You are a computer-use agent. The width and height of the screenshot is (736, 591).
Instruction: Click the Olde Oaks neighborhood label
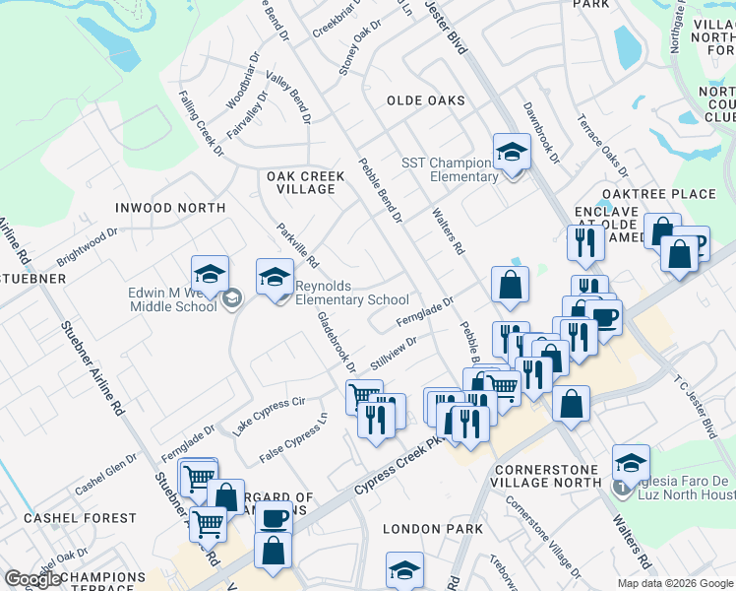pos(425,100)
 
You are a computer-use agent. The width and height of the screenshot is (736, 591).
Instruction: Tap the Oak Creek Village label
pos(306,182)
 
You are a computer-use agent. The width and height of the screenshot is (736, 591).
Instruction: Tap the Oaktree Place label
pos(673,194)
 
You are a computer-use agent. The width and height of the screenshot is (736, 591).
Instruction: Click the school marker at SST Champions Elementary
pos(511,152)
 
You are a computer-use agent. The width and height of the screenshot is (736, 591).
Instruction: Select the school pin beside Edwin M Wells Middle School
pos(210,275)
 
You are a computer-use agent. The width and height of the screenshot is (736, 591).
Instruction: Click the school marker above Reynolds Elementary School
pos(275,277)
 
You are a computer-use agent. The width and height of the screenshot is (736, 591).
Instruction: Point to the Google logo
pos(33,579)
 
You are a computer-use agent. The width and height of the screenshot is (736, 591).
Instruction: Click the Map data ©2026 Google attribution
pos(676,583)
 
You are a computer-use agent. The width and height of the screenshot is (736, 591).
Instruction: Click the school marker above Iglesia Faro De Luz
pos(630,463)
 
